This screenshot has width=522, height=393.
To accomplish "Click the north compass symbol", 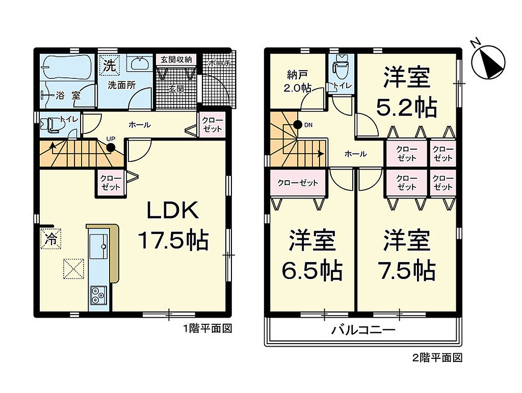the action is (x=488, y=62).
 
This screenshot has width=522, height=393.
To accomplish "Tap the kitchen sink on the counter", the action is (x=98, y=246).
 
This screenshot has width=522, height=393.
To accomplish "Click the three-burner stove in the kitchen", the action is (x=98, y=295).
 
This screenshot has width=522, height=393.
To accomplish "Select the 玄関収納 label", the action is (x=176, y=60).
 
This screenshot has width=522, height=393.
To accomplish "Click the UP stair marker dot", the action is (x=111, y=148).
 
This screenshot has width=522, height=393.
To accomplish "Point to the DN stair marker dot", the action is (x=298, y=125).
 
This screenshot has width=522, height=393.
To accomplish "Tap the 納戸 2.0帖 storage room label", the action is (x=297, y=81).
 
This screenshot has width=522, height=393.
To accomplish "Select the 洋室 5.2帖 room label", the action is (x=406, y=92).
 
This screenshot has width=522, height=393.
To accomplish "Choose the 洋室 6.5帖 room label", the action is (x=312, y=255).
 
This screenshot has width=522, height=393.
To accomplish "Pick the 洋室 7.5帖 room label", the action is (x=406, y=255).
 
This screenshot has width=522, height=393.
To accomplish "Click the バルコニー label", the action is (x=363, y=330).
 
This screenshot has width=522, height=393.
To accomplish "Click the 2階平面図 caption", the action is (x=437, y=358).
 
